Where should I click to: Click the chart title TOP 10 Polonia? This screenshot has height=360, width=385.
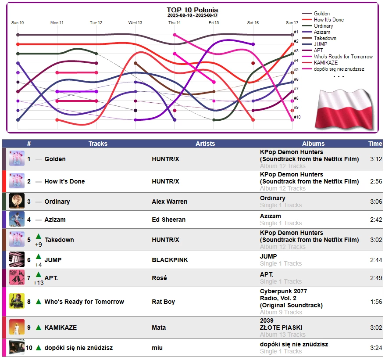coord(192,10)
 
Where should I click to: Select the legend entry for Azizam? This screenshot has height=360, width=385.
coord(322,32)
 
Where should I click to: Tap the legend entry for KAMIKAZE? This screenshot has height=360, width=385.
coord(325,63)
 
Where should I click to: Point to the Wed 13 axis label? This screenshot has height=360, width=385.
coord(135,22)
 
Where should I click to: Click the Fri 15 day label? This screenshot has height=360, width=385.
coord(214,22)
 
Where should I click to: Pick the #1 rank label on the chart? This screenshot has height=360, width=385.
coord(296,32)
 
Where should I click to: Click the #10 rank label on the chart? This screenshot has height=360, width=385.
coord(297,117)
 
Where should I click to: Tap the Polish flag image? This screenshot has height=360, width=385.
coord(343,108)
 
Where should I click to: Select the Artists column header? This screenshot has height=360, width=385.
coord(205,144)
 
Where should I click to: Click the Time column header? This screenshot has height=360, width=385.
coord(375,144)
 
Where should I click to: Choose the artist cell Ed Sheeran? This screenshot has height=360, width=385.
coord(168,220)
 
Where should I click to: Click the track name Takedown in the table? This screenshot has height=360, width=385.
coord(59,240)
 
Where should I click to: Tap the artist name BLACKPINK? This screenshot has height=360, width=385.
coord(170,260)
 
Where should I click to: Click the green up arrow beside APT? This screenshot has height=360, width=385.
coord(39,275)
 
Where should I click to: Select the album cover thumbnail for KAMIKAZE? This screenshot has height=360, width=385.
coord(17,327)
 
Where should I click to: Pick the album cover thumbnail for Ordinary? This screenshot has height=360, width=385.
coord(17,202)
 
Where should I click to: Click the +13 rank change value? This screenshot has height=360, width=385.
coord(39,283)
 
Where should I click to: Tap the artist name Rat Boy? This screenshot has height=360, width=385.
coord(163,302)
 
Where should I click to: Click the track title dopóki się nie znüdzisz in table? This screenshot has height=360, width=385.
coord(78,348)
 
